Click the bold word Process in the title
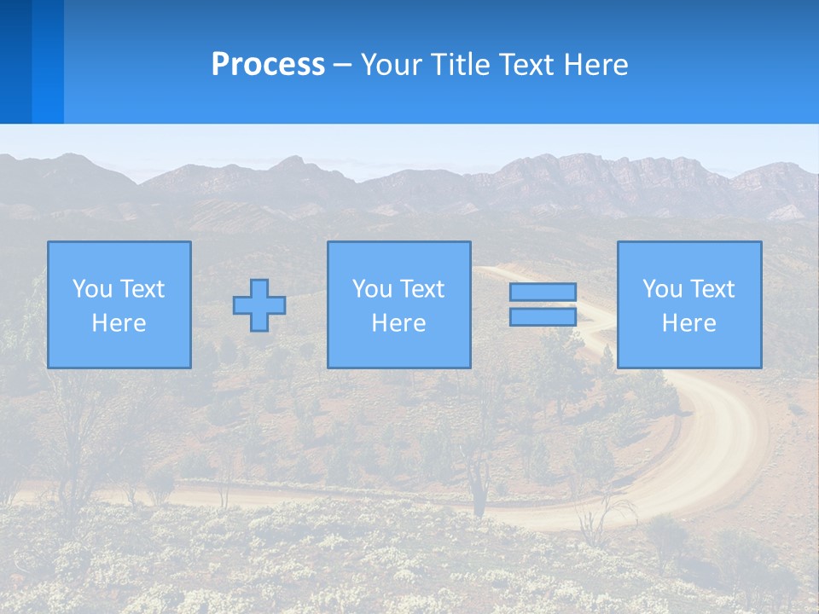pos(268,65)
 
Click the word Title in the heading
pos(462,65)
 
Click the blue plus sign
pos(259,305)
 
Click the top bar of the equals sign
pos(543,292)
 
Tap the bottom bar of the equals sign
pos(543,317)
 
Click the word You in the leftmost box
pos(91,289)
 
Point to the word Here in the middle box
pos(398,323)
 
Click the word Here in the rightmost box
pos(688,323)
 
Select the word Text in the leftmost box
pos(142,289)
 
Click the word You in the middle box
pos(371,289)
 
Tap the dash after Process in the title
pos(342,66)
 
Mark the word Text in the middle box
pos(421,289)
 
